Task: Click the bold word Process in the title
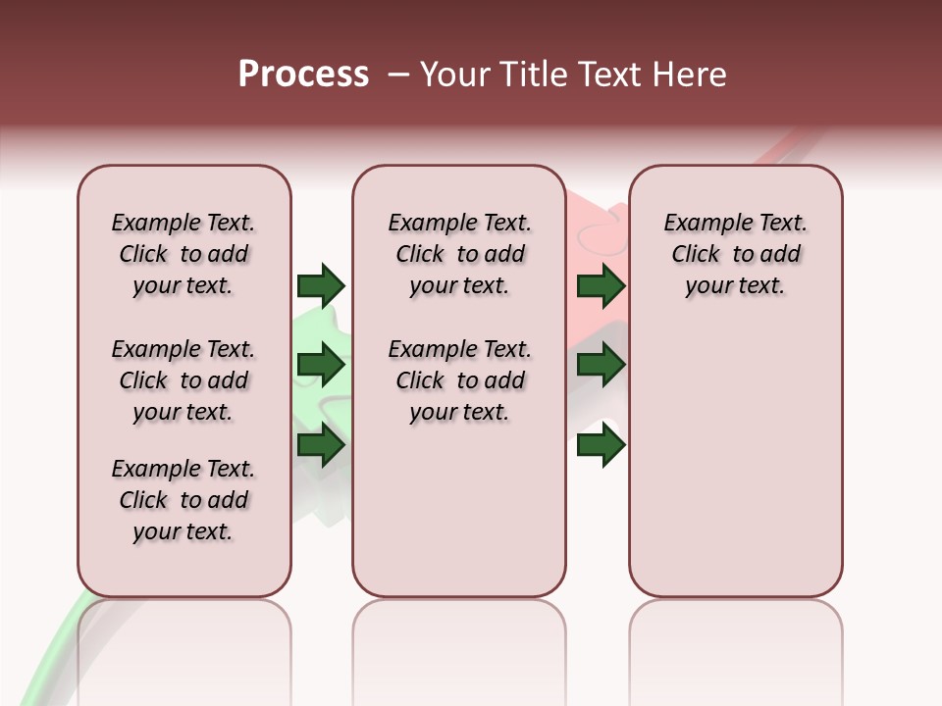tap(303, 75)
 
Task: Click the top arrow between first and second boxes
tap(320, 285)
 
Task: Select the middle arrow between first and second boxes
tap(320, 366)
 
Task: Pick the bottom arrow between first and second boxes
tap(320, 446)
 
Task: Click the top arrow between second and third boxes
tap(601, 285)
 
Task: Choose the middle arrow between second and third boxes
tap(601, 366)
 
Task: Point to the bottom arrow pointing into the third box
tap(601, 446)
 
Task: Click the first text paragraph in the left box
tap(183, 254)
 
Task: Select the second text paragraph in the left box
tap(183, 380)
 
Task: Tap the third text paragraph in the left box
tap(183, 500)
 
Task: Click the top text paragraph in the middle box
tap(459, 254)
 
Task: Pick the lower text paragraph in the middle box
tap(459, 380)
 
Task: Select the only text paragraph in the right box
tap(735, 254)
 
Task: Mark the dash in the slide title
tap(398, 75)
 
